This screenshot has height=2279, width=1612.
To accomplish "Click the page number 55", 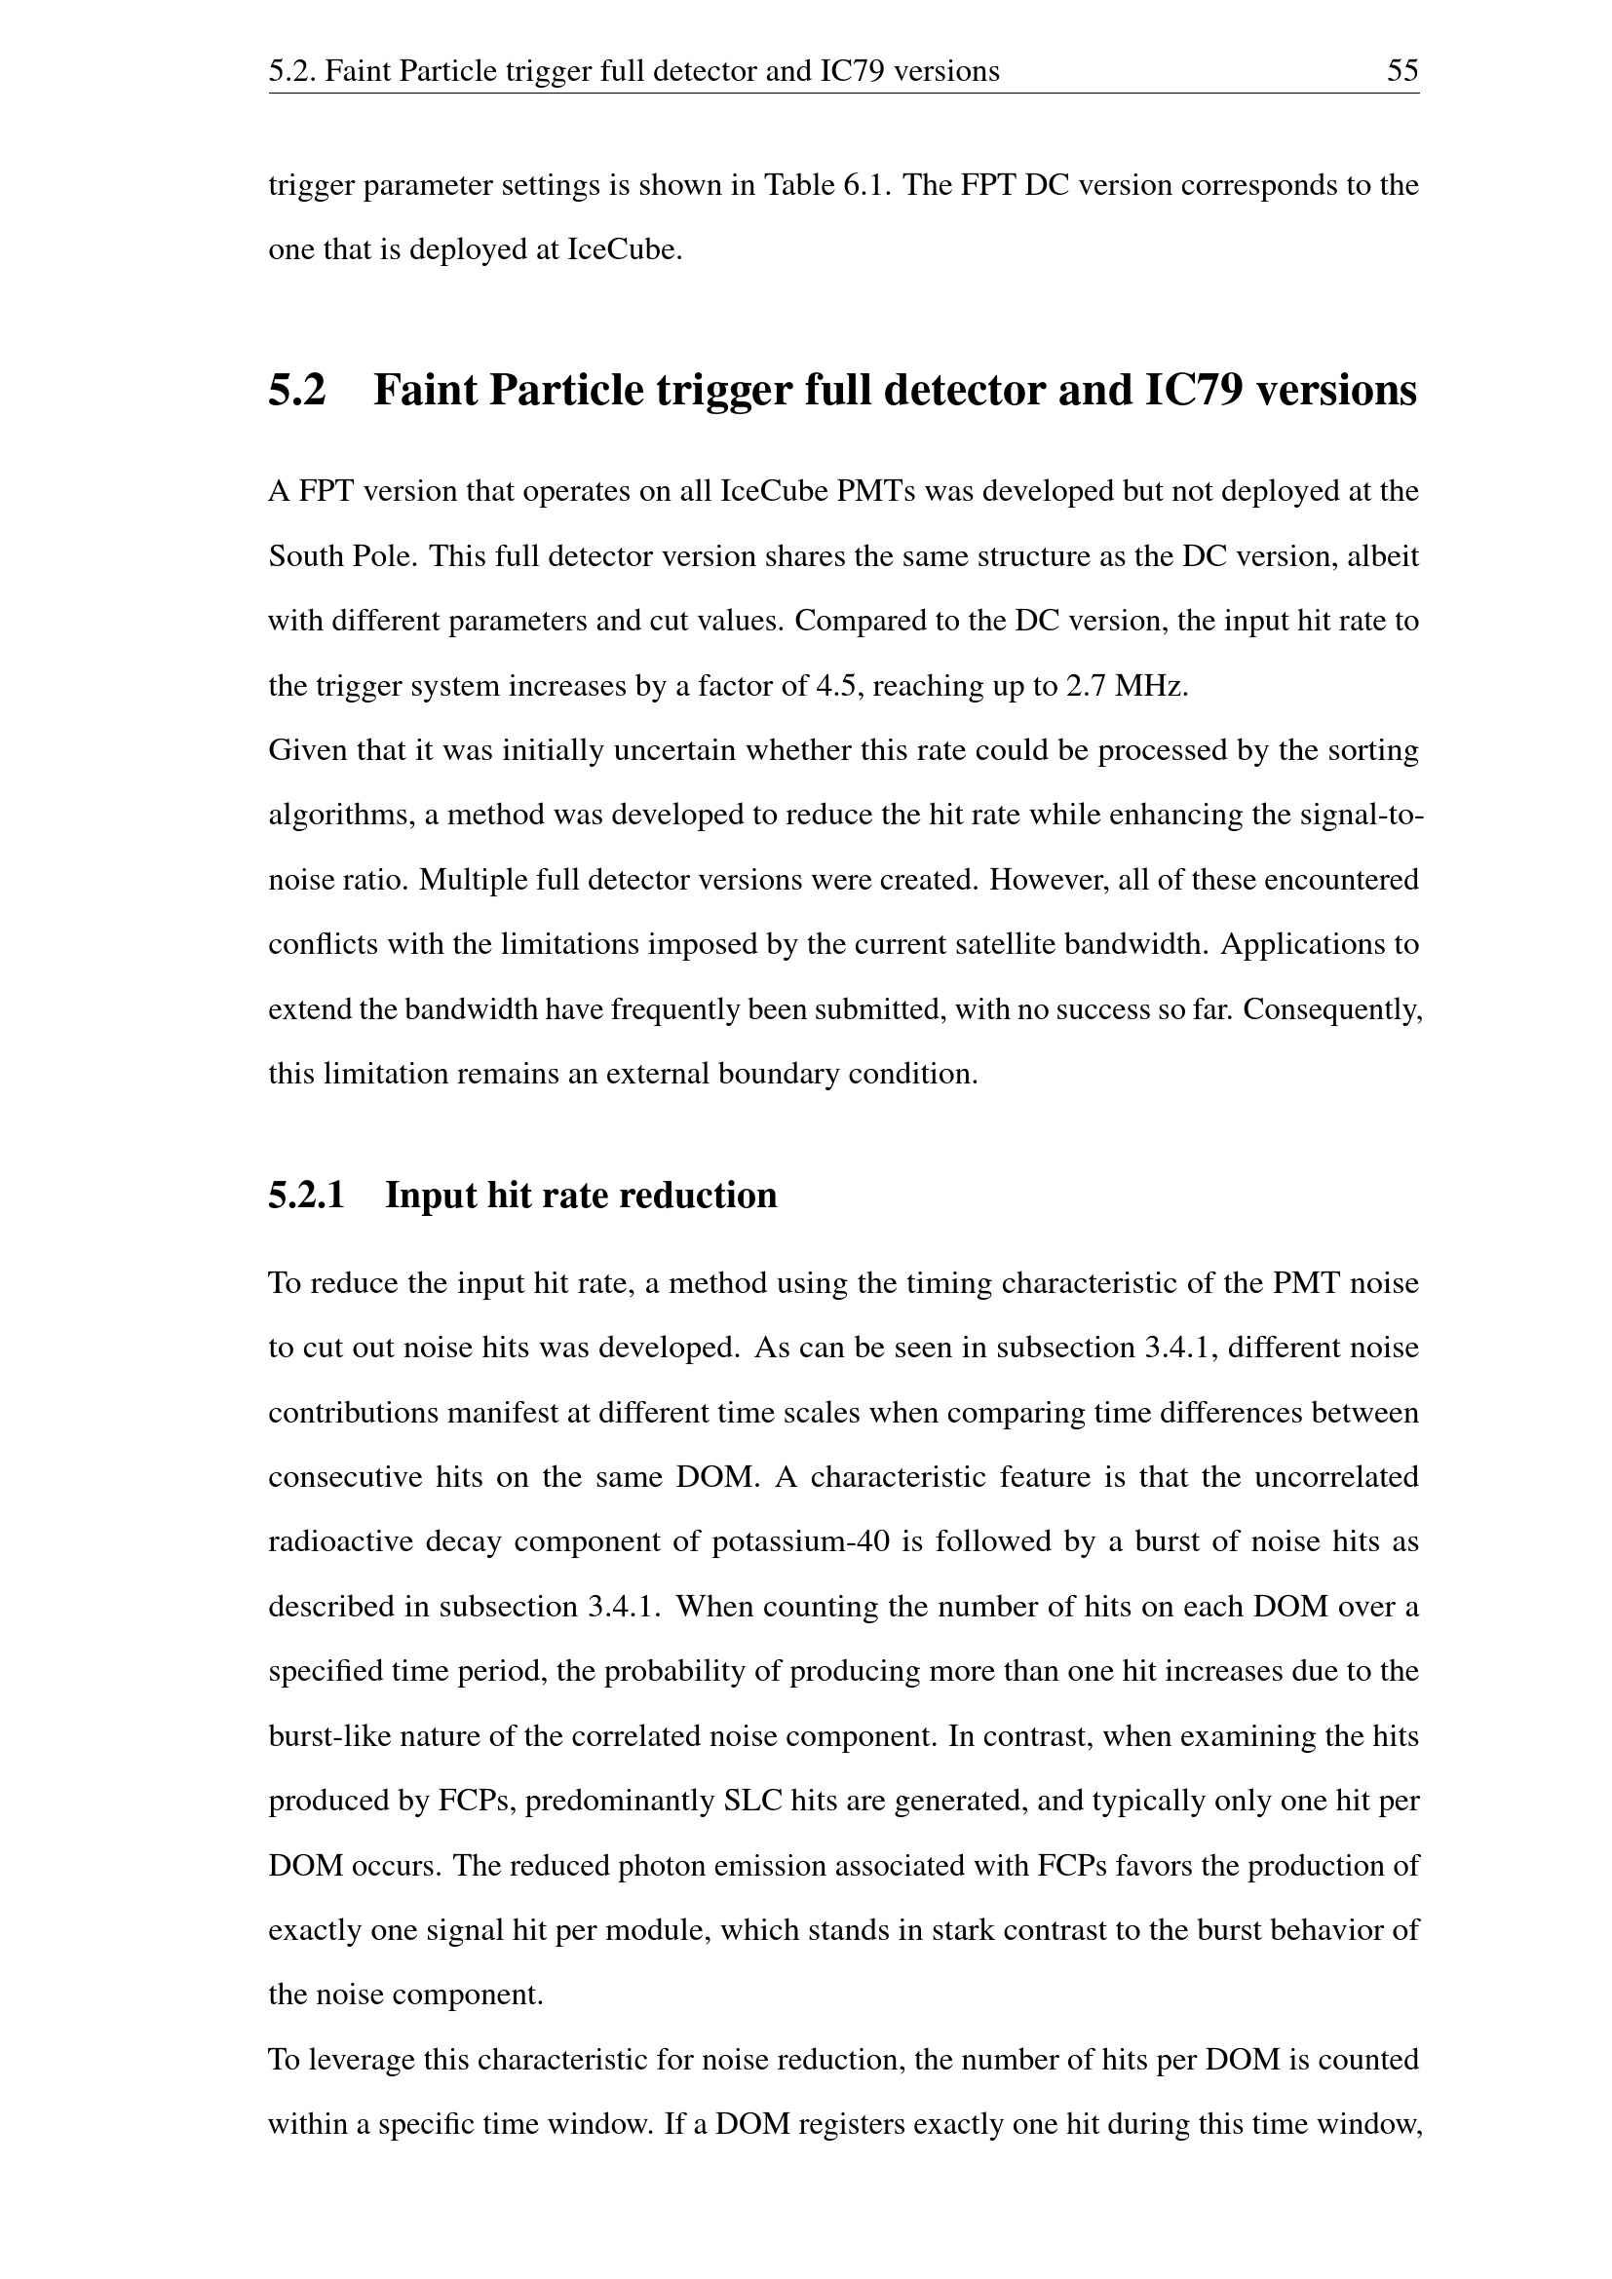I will tap(1401, 71).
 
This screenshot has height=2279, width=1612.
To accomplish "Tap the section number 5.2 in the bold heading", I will tap(297, 390).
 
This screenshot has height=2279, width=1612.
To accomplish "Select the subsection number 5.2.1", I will tap(306, 1196).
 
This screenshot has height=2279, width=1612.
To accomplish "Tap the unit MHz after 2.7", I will tap(1151, 686).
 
